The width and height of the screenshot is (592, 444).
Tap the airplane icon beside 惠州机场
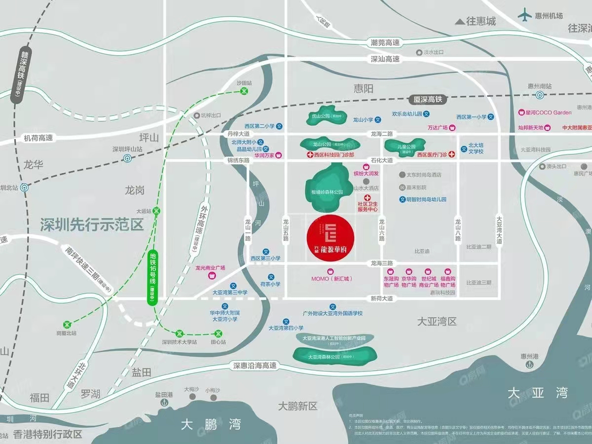coord(525,15)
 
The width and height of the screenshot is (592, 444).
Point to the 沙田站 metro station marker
coord(244,91)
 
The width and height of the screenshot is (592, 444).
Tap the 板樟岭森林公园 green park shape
coord(327,183)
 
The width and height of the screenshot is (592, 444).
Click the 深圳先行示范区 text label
coord(92,225)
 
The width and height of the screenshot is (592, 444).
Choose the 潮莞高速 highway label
coord(385,43)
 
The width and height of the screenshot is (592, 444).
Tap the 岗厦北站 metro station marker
coord(67,324)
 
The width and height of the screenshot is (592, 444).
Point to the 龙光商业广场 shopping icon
coord(213,275)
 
